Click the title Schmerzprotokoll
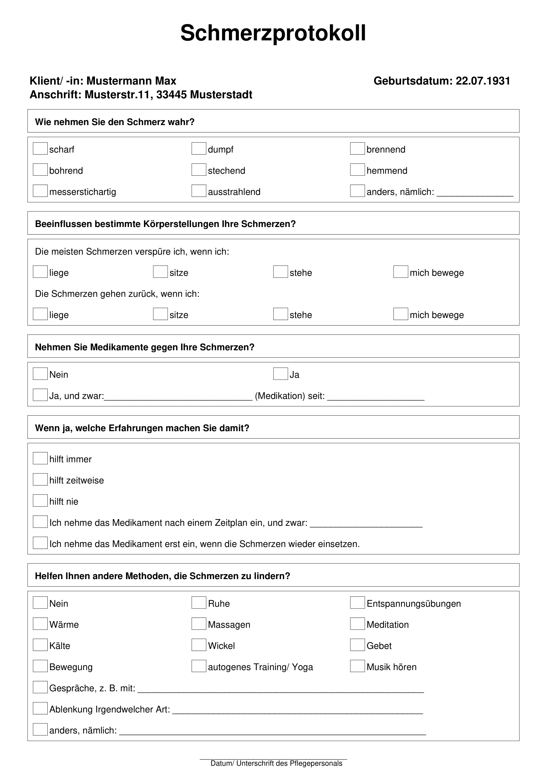click(273, 33)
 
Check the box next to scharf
click(40, 149)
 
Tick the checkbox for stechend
click(199, 170)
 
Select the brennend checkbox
click(357, 149)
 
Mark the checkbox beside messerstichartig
click(40, 191)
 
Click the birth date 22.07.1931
click(482, 81)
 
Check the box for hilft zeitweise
click(40, 479)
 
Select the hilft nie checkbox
click(40, 501)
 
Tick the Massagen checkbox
click(199, 624)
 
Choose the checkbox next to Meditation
click(357, 624)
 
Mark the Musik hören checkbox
click(357, 666)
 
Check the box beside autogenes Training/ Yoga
click(199, 666)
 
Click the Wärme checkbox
click(40, 624)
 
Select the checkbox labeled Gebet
click(357, 645)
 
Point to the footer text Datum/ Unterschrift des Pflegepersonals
click(276, 763)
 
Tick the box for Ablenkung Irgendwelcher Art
click(40, 708)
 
